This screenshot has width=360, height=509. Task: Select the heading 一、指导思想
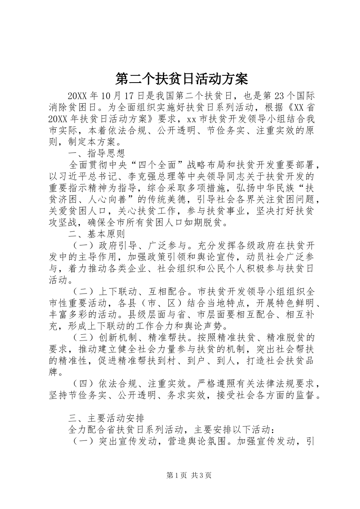click(x=96, y=154)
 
